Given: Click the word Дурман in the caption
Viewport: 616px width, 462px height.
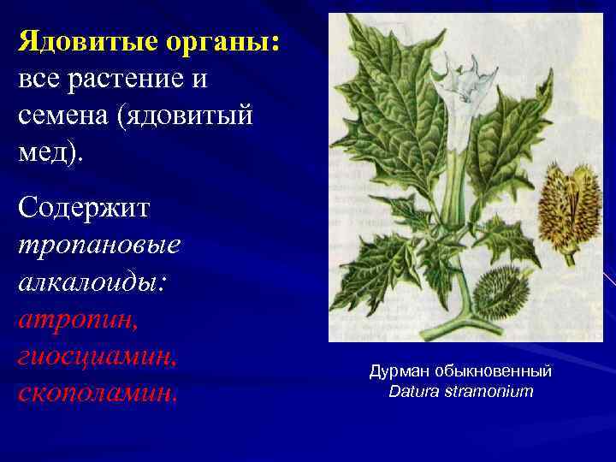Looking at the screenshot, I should tap(400, 372).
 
